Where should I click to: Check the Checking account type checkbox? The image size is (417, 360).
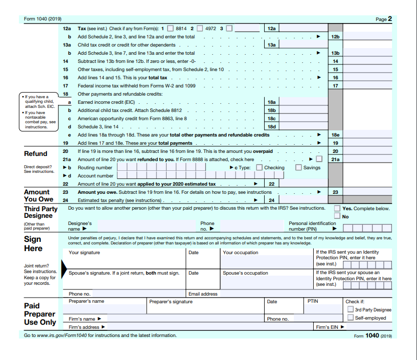(259, 167)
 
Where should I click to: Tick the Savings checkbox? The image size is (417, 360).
(298, 167)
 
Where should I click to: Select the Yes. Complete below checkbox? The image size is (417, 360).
(337, 208)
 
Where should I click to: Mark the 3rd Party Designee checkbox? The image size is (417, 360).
(350, 309)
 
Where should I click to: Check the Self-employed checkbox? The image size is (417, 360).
(350, 318)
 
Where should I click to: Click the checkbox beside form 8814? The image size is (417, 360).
(170, 29)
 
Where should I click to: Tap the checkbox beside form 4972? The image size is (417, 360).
(200, 29)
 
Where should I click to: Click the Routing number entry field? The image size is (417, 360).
(169, 167)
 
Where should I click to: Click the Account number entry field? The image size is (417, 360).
(204, 175)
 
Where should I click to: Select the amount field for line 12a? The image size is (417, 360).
(303, 29)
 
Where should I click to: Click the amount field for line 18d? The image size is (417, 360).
(303, 126)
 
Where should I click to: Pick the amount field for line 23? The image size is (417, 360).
(367, 192)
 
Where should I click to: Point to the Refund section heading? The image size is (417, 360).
(36, 153)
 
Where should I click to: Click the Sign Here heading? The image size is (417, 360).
(33, 243)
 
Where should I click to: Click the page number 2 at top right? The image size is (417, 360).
(389, 19)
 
